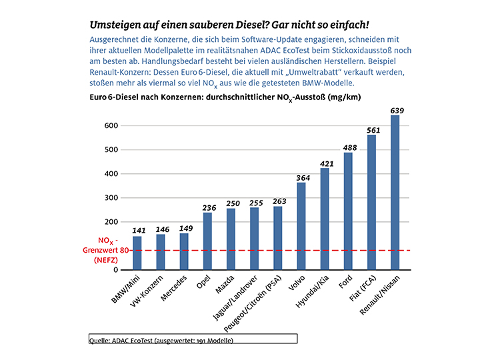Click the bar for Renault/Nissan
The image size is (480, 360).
click(x=395, y=193)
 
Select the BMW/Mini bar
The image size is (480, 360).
click(x=137, y=253)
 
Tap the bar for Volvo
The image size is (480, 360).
click(x=301, y=226)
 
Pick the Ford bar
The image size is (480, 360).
click(x=348, y=211)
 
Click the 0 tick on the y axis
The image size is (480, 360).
click(x=115, y=270)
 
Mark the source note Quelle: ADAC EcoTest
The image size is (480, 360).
click(x=161, y=340)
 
